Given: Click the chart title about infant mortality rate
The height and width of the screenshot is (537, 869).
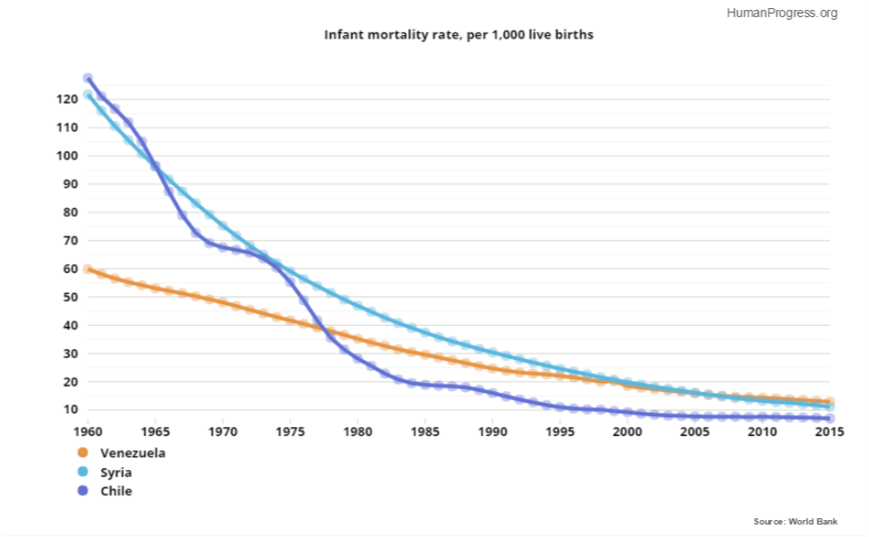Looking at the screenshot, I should pos(459,35).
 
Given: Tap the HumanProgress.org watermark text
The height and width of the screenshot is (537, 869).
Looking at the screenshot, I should pos(782,13).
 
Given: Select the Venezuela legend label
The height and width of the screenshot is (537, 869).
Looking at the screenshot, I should pos(133,453).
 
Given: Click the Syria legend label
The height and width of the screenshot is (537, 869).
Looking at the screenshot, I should pos(117,472).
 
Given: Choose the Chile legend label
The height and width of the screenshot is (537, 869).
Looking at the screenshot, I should pos(116,491).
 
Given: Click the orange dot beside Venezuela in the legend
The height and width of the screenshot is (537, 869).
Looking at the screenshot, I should pos(83,453).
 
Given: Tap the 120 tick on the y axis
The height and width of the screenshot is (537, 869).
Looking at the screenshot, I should pos(68,99).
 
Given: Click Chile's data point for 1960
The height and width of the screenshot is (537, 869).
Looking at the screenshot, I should pos(88,79).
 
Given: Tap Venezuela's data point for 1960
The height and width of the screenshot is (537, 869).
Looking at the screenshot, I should pos(88,268).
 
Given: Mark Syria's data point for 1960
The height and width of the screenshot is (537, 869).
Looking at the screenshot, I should pos(88,95).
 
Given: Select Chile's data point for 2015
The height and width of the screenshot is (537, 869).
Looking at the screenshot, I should pos(830,418).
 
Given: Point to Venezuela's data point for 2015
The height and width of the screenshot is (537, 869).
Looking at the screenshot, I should pos(830,402).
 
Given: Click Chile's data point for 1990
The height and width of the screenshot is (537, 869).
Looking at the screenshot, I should pos(493,393).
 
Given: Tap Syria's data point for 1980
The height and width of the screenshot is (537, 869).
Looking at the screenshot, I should pos(357,306).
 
